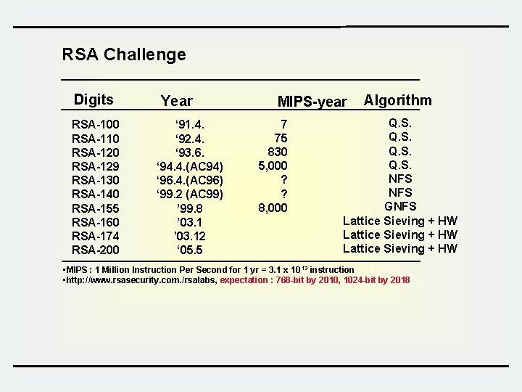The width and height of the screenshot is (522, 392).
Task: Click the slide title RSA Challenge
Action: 124,54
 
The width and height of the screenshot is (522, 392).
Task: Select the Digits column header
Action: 94,100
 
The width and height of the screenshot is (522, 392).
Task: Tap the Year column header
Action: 177,102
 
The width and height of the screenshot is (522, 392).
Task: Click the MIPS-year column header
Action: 312,102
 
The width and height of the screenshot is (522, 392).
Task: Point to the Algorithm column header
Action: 397,101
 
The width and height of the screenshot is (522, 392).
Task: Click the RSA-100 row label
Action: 96,124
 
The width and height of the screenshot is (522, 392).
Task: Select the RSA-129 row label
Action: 96,166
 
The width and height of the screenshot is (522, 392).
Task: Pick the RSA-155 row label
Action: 96,208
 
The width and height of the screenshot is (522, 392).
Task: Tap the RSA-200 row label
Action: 96,250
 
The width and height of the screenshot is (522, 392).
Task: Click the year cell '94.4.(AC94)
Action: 190,166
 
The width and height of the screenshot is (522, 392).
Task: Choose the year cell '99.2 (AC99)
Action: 190,194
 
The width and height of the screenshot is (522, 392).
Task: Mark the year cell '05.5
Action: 190,250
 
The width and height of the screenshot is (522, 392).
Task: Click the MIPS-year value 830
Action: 278,152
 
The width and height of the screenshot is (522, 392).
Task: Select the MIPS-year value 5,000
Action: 273,166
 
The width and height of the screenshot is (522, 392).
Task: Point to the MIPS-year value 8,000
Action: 273,208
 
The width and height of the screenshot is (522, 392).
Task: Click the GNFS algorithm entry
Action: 400,207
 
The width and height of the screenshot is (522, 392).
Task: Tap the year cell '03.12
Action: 190,236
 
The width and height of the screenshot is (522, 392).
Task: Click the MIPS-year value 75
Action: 280,138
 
